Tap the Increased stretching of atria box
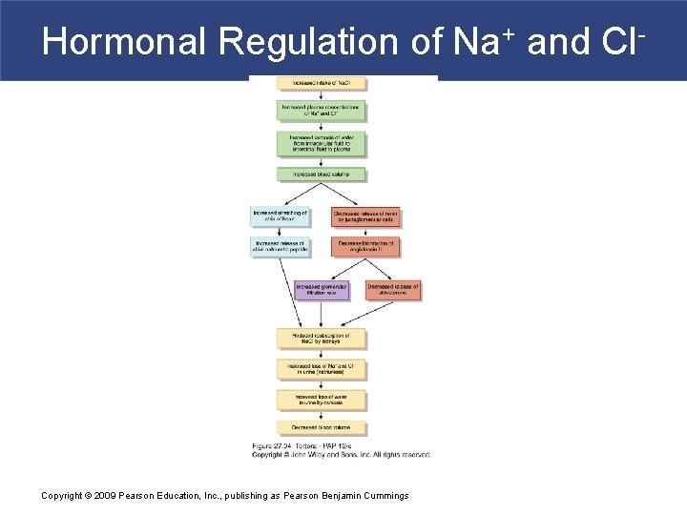point(280,216)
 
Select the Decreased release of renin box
point(366,216)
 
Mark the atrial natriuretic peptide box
point(280,247)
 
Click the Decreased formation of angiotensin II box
point(366,247)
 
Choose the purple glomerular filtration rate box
point(322,290)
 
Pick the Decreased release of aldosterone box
point(393,290)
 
